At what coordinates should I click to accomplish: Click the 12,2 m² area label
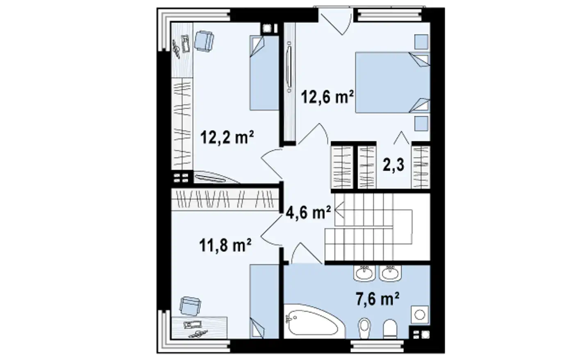227,137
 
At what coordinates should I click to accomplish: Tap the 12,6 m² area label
327,97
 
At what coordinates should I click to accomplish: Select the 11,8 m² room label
225,245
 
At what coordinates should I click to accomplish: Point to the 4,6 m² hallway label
308,213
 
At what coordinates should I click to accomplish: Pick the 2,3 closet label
393,165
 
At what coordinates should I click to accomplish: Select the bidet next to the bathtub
364,328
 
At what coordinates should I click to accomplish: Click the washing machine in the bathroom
420,315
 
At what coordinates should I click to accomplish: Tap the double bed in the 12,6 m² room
393,83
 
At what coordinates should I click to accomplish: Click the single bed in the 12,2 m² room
264,73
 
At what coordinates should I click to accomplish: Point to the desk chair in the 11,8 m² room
190,306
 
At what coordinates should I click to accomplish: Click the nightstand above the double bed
421,41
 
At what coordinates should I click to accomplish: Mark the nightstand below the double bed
421,123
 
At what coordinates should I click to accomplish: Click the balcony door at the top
335,21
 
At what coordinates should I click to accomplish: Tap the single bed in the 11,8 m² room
264,302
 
